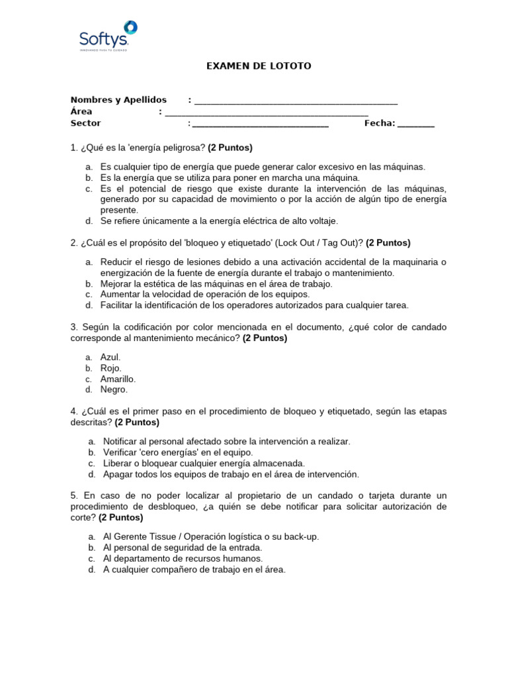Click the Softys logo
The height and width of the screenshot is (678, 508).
(108, 36)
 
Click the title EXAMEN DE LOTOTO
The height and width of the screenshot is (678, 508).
(259, 66)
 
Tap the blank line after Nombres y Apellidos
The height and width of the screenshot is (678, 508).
(296, 101)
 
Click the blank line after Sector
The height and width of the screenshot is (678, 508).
(260, 124)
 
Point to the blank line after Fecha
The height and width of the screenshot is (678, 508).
(416, 124)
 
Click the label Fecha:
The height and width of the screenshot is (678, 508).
(380, 122)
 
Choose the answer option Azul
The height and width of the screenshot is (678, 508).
(110, 357)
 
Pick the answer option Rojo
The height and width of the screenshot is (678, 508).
(110, 368)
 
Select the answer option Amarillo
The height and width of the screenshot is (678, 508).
(118, 379)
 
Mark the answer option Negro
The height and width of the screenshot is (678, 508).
(113, 390)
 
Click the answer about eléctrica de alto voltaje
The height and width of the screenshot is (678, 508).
(219, 221)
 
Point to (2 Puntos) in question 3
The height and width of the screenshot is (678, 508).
(265, 338)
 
